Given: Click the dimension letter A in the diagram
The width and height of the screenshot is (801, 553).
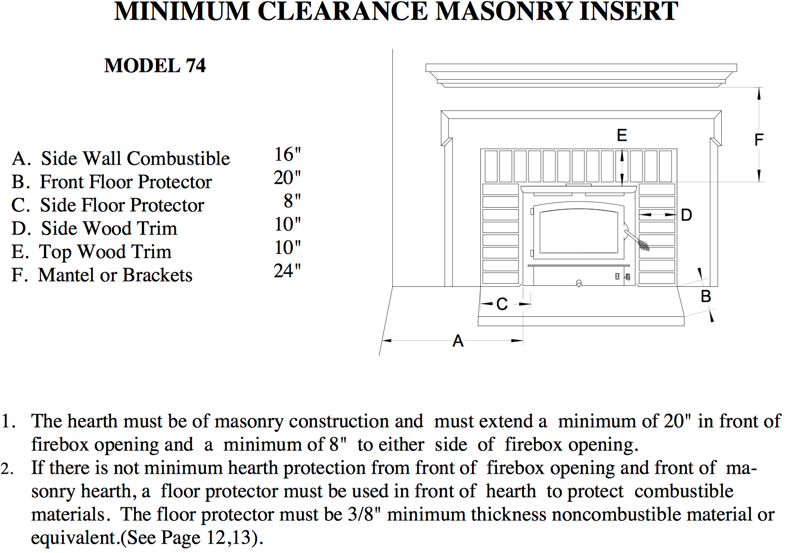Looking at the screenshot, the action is [x=458, y=341].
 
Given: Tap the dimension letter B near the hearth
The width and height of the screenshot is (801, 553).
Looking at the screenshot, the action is [x=706, y=296].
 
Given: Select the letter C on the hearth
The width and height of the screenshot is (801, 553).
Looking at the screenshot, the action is [x=502, y=304].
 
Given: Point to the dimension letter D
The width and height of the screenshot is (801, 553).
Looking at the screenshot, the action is [x=686, y=215].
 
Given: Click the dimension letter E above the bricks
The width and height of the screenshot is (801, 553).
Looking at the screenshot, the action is [x=622, y=135].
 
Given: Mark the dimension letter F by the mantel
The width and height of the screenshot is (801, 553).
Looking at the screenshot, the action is [x=759, y=139].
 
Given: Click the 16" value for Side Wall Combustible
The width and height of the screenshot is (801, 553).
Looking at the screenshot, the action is [x=288, y=154].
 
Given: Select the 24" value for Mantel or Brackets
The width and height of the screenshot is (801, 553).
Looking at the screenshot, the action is [x=288, y=271].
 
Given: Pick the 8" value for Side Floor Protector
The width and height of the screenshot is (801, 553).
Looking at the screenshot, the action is [x=292, y=201].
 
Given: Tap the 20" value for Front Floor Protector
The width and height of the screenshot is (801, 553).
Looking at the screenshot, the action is [x=288, y=178].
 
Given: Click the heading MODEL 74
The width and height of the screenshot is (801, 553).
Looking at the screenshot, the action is [x=155, y=66].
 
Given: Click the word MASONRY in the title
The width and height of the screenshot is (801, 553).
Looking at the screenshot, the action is [x=503, y=11].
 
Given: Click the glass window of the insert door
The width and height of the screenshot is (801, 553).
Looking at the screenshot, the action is [x=579, y=232].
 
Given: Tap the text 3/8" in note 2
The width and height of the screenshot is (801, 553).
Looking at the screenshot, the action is [x=365, y=514].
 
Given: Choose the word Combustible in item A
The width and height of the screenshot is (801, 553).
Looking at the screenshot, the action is [x=178, y=158].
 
